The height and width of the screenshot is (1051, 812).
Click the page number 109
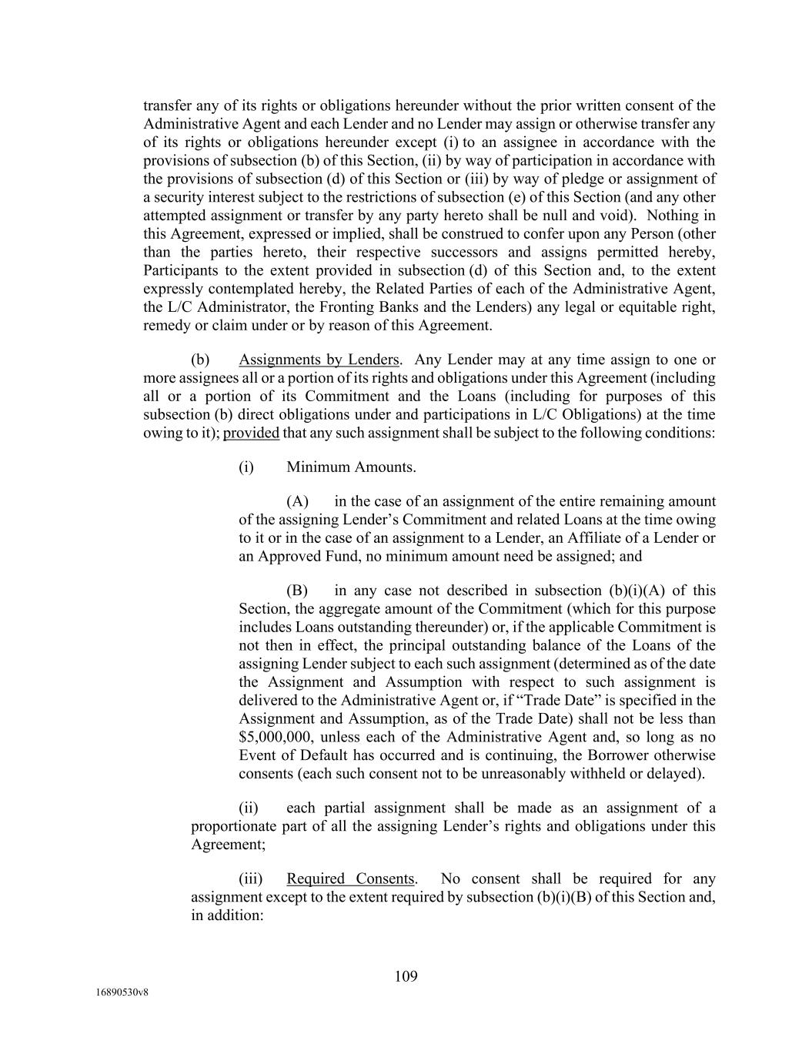pos(406,976)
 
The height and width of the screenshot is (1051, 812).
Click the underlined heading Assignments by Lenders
pos(319,360)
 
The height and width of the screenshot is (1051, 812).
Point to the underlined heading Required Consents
pos(350,879)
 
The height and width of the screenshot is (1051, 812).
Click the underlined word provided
pos(251,433)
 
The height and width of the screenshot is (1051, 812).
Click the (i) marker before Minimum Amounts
pos(246,467)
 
